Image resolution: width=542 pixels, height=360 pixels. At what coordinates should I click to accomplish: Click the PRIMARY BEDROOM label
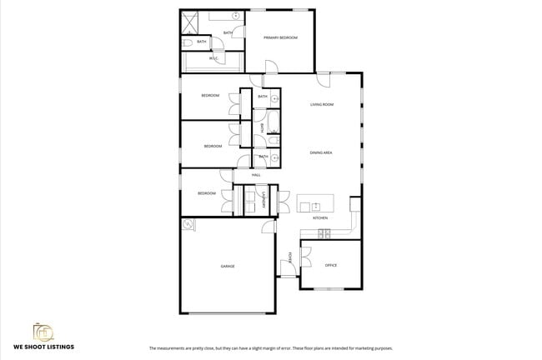coord(280,37)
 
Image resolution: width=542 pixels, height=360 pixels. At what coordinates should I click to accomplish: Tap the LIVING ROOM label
coord(322,104)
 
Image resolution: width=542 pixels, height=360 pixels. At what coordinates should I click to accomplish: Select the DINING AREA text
coord(322,152)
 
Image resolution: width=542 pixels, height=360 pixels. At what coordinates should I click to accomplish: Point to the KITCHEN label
coord(320,217)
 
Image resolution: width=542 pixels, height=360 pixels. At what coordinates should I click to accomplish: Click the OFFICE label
coord(330,265)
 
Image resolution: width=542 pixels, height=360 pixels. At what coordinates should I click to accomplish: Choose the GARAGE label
coord(227,266)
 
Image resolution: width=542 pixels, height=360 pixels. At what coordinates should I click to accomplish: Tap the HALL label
coord(256,175)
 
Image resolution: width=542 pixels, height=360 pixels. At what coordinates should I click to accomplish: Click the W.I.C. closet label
coord(213,58)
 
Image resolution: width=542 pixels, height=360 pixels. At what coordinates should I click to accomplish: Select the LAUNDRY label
coord(265,200)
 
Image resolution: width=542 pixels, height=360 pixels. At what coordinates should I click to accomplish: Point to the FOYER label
coord(289,257)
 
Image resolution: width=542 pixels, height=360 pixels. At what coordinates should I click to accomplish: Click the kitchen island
coord(315,202)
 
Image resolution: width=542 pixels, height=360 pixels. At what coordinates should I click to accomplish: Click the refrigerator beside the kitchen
coord(355,203)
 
